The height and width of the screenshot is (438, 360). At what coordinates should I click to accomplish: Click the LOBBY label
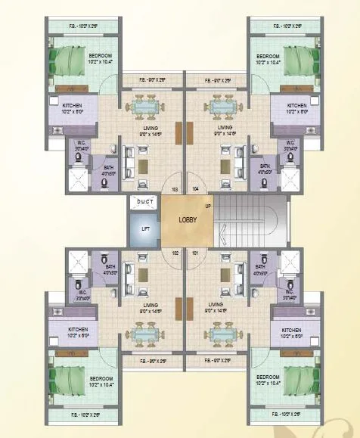pos(188,219)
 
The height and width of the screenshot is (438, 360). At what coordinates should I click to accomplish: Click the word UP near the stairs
pos(207,206)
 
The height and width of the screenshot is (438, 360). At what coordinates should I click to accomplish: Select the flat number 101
pos(196,253)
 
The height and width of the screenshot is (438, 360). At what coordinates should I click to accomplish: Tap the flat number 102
pos(175,253)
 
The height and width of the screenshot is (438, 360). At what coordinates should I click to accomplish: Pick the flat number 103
pos(175,189)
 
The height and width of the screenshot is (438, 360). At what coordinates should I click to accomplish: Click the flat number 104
pos(195,189)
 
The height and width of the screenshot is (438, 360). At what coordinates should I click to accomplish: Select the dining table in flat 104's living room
pos(223,107)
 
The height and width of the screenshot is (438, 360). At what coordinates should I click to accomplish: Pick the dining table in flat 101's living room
pos(223,333)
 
